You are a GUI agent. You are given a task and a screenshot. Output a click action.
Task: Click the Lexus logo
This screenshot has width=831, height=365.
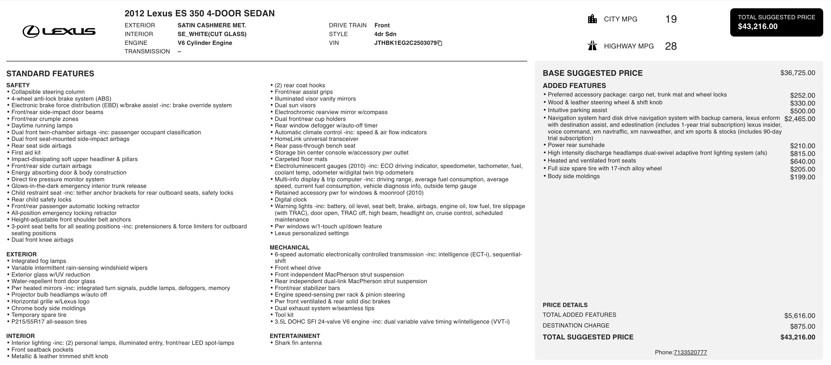click(x=59, y=31)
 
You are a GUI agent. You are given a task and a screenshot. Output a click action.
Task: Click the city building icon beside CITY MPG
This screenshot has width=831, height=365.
click(x=592, y=19)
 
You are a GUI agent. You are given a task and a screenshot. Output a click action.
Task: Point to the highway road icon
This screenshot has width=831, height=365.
click(x=592, y=46)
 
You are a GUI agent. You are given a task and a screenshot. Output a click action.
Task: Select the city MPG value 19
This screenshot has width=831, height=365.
click(x=671, y=19)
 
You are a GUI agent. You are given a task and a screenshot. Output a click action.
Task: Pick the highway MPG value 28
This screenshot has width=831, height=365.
click(x=671, y=46)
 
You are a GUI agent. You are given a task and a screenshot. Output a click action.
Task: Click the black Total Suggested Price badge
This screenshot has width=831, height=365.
click(x=776, y=22)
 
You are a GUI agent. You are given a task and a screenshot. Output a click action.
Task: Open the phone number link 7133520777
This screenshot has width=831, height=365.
click(x=690, y=352)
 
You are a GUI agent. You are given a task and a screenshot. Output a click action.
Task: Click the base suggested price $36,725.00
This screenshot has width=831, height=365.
click(x=797, y=73)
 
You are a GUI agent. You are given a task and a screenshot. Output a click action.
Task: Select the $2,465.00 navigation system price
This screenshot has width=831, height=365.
click(x=799, y=119)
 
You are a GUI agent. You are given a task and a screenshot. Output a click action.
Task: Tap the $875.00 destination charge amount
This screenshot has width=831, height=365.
click(x=802, y=326)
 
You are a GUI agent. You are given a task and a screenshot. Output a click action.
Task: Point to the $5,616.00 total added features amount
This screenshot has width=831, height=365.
click(x=799, y=316)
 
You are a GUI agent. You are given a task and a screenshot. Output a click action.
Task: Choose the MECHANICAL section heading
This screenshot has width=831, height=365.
click(x=289, y=247)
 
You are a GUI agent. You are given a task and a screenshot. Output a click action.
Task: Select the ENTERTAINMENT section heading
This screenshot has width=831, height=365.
click(x=295, y=336)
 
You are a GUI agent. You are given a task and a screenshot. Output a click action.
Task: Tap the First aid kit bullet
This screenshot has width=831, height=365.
click(x=26, y=153)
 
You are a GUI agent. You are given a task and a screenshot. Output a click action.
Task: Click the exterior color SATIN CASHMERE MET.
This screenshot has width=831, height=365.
click(x=212, y=25)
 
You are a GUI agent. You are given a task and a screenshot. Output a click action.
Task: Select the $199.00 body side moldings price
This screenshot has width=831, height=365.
click(x=802, y=177)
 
